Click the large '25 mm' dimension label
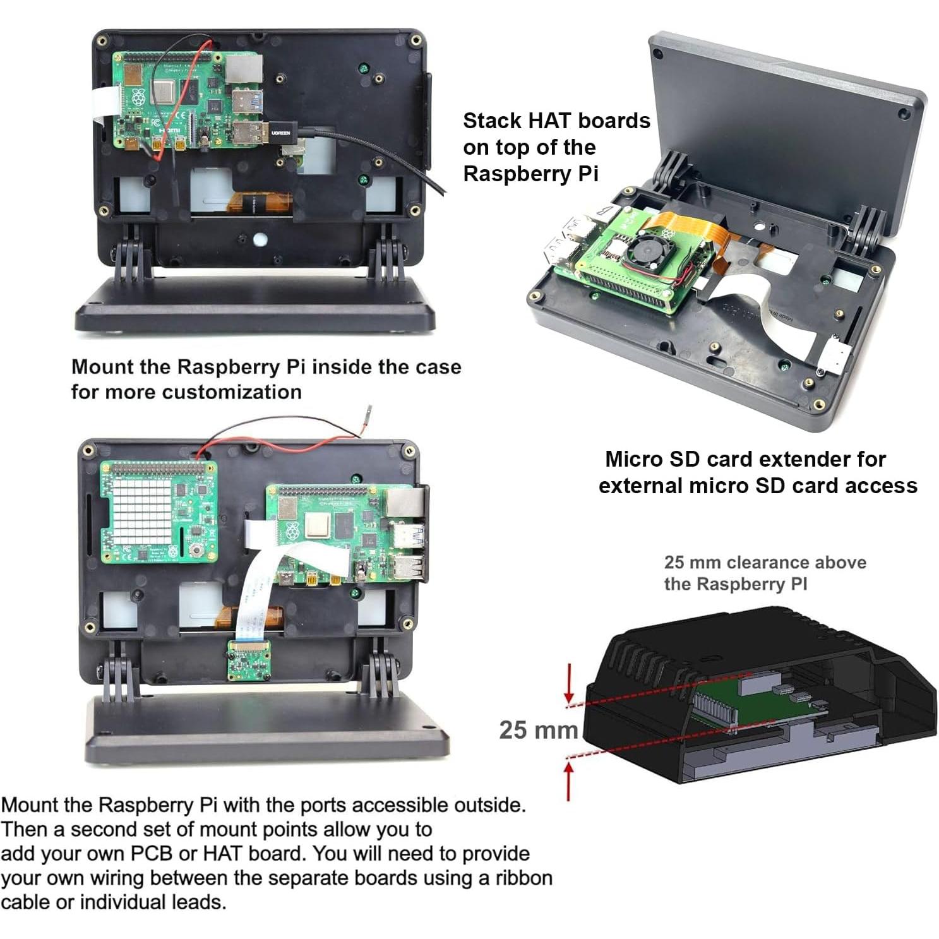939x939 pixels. coord(538,730)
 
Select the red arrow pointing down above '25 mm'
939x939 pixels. coord(570,682)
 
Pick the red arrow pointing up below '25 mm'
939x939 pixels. coord(570,781)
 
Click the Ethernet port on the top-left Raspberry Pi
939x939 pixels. coord(244,68)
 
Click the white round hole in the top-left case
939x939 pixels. coord(260,240)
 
